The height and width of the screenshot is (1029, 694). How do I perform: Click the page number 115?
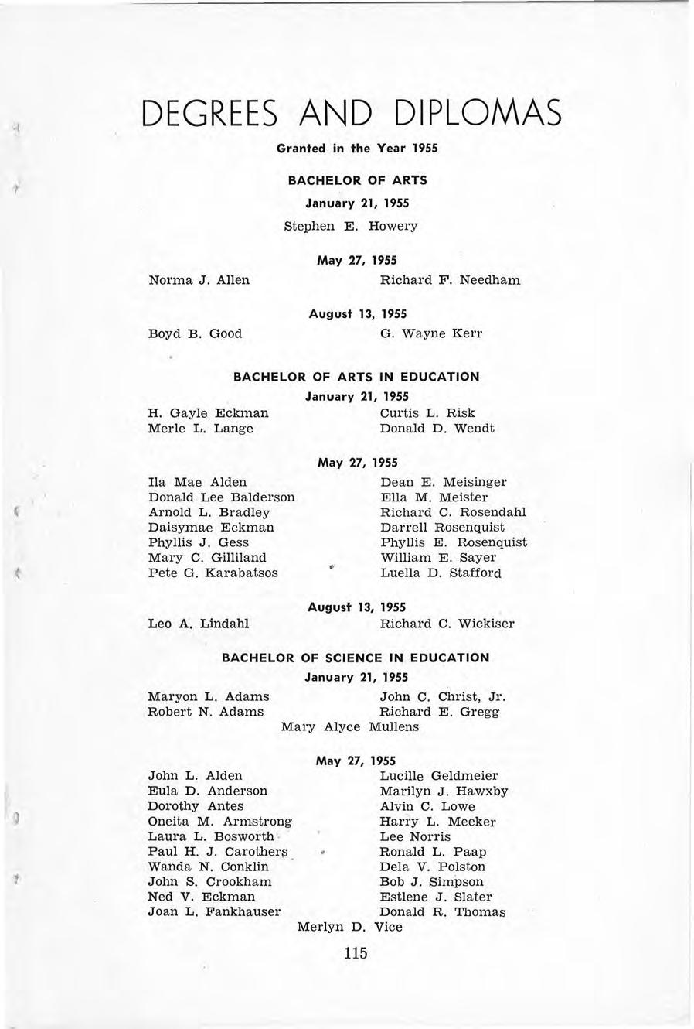tap(356, 953)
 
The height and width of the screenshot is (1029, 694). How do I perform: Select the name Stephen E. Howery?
tap(351, 226)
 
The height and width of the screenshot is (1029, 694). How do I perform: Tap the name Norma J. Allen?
tap(199, 279)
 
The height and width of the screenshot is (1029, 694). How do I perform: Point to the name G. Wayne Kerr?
tap(431, 333)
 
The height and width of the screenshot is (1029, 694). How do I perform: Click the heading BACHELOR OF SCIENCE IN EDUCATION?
tap(356, 658)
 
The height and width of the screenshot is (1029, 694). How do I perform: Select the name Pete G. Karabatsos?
tap(213, 573)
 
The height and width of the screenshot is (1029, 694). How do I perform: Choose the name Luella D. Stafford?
tap(441, 573)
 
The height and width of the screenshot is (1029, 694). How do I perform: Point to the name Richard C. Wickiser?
tap(447, 623)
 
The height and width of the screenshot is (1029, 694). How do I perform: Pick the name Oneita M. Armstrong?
tap(220, 822)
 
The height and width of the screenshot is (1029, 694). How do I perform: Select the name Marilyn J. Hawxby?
tap(444, 791)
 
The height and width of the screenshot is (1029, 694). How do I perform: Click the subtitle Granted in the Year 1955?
tap(357, 148)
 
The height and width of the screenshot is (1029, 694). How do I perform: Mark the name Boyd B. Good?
tap(195, 333)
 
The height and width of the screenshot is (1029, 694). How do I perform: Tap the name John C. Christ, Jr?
tap(443, 696)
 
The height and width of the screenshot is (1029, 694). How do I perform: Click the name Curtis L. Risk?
tap(427, 412)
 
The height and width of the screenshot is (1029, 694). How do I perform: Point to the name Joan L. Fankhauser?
tap(214, 911)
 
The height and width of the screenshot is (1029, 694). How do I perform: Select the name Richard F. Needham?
tap(451, 279)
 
